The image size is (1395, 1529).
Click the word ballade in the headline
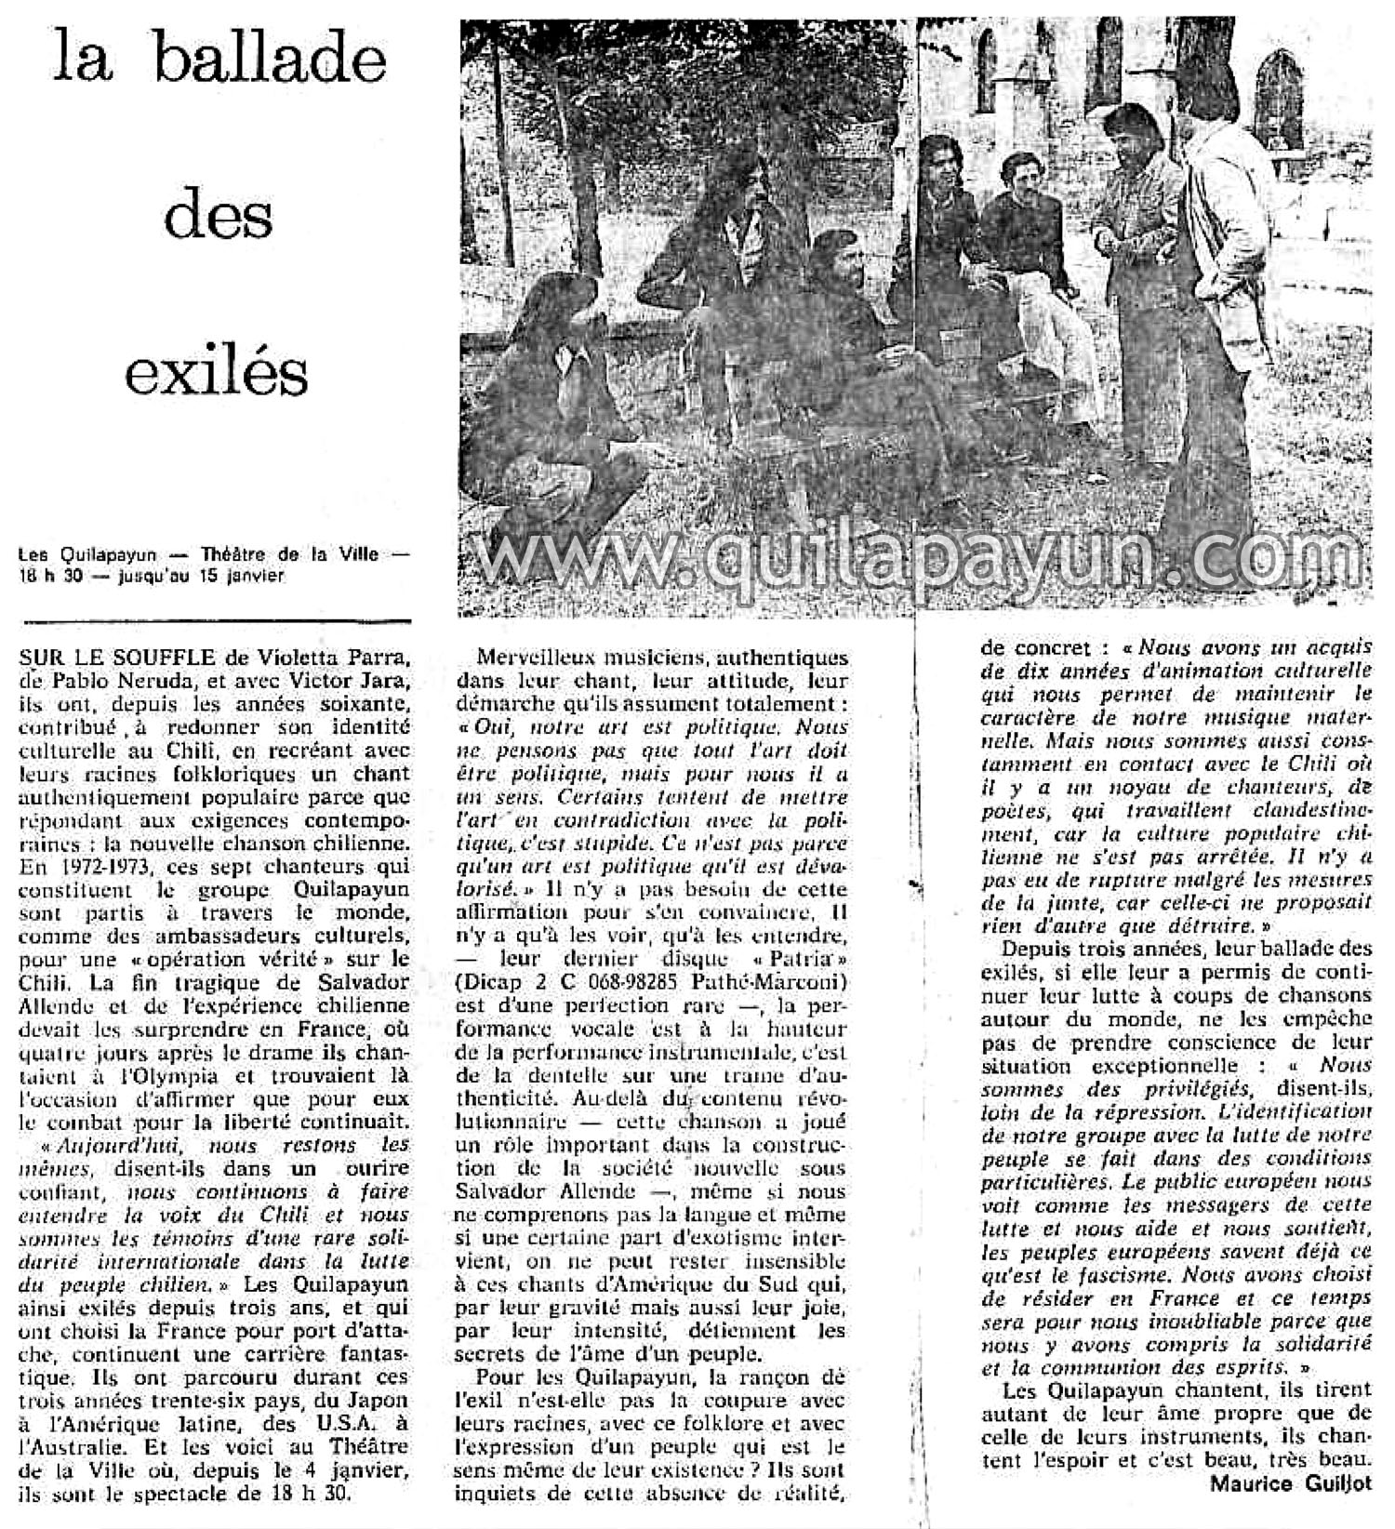(270, 60)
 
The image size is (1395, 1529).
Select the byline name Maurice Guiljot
(1291, 1483)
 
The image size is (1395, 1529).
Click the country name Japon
(372, 1402)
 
